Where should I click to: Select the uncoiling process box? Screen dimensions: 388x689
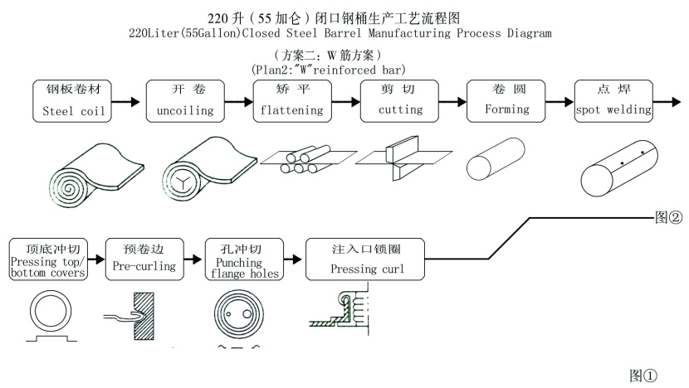[x=184, y=100]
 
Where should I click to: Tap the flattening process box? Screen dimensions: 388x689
[x=293, y=100]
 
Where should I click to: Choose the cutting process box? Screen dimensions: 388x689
[x=400, y=100]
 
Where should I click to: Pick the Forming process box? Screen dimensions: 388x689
[x=507, y=100]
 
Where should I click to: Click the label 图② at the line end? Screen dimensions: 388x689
[x=668, y=218]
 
